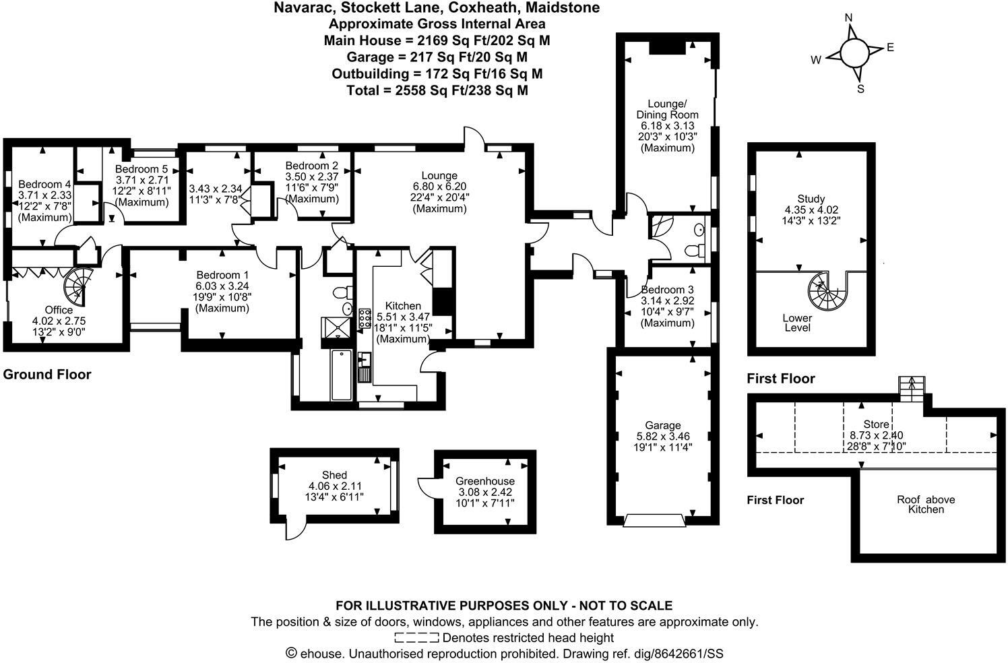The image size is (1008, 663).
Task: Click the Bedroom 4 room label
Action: pyautogui.click(x=44, y=185)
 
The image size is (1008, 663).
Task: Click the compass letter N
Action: pyautogui.click(x=849, y=18)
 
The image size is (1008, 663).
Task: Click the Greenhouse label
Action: pyautogui.click(x=484, y=481)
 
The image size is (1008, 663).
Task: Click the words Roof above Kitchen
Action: pyautogui.click(x=926, y=505)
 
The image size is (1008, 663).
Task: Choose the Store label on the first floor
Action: pyautogui.click(x=876, y=424)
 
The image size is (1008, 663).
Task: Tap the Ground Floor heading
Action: pyautogui.click(x=47, y=375)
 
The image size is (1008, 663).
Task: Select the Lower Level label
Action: pyautogui.click(x=797, y=323)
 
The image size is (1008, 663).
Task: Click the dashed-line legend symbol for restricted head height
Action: pyautogui.click(x=416, y=637)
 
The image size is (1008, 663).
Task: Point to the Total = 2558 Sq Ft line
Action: pyautogui.click(x=437, y=90)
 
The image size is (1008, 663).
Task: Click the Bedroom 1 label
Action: pyautogui.click(x=222, y=275)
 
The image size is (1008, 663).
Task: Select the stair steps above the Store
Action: pyautogui.click(x=910, y=388)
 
